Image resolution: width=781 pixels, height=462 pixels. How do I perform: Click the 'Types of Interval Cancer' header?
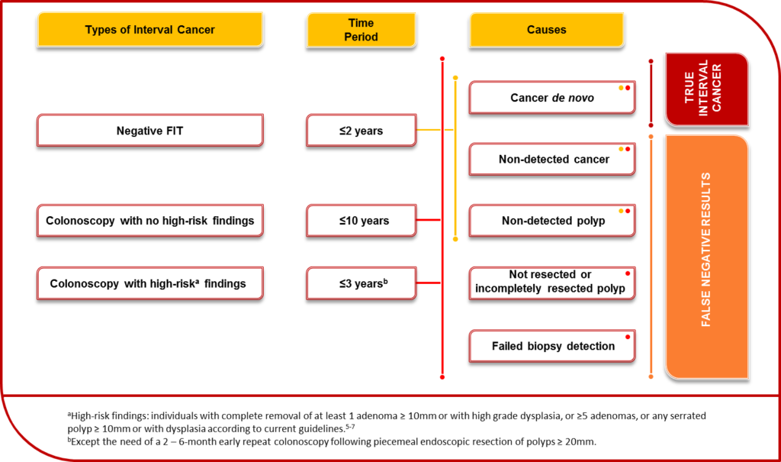pyautogui.click(x=150, y=30)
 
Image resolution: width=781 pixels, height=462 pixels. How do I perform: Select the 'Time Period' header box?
pyautogui.click(x=361, y=30)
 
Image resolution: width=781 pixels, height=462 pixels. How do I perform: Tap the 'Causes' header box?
pyautogui.click(x=546, y=30)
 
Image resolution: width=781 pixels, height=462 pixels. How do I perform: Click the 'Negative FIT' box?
pyautogui.click(x=150, y=131)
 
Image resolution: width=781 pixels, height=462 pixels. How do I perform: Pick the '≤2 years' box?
pyautogui.click(x=361, y=131)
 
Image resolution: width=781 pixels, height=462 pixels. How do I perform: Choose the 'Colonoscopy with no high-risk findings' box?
pyautogui.click(x=150, y=221)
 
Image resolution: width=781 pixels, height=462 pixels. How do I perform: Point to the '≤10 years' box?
pyautogui.click(x=361, y=221)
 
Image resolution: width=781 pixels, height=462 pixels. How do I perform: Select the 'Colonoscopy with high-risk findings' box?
pyautogui.click(x=150, y=283)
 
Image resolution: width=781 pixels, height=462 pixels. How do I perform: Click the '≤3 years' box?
pyautogui.click(x=361, y=283)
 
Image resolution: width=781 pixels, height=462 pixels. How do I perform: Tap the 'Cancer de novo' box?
pyautogui.click(x=552, y=98)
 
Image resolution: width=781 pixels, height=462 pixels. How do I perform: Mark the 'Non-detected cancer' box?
pyautogui.click(x=552, y=159)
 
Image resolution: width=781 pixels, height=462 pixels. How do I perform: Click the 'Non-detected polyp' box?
pyautogui.click(x=552, y=221)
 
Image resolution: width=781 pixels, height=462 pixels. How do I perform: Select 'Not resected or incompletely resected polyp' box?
pyautogui.click(x=552, y=283)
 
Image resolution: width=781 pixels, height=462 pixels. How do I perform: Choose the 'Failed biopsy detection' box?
pyautogui.click(x=552, y=346)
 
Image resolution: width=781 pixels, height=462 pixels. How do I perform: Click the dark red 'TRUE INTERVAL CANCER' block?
pyautogui.click(x=707, y=89)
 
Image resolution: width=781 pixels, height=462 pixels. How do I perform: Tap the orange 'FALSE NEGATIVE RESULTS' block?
pyautogui.click(x=707, y=257)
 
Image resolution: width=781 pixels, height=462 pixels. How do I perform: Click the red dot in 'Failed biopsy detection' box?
pyautogui.click(x=628, y=337)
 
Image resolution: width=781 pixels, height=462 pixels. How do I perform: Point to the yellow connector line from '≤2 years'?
pyautogui.click(x=435, y=130)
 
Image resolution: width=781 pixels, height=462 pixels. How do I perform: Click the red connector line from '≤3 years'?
pyautogui.click(x=429, y=283)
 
